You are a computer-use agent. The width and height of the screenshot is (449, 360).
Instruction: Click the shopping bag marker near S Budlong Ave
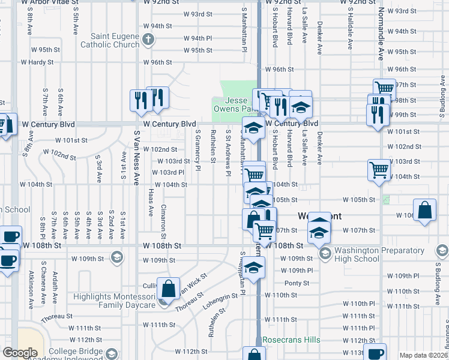(424, 211)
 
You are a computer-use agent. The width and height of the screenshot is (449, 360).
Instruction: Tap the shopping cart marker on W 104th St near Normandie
(379, 170)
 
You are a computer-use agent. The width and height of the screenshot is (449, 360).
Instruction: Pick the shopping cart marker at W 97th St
(384, 88)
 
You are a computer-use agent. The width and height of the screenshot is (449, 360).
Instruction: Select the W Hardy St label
(37, 62)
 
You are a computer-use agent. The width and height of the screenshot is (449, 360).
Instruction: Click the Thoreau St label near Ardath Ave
(57, 316)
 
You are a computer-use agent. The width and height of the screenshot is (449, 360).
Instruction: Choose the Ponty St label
(297, 283)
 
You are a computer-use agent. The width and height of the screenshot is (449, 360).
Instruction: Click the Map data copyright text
(423, 355)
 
